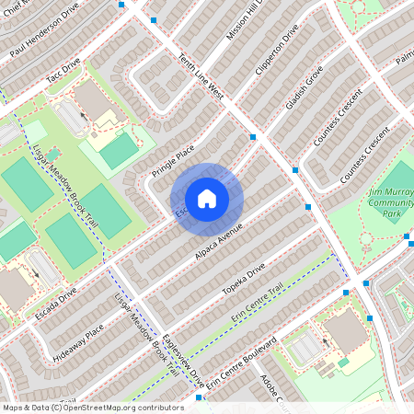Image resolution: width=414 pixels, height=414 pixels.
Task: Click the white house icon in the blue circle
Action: (207, 198)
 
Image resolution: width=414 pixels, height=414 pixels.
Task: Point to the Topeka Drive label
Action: (243, 282)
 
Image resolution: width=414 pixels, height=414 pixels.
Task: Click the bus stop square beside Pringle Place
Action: (252, 136)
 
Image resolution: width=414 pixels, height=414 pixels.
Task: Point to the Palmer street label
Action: (405, 61)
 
